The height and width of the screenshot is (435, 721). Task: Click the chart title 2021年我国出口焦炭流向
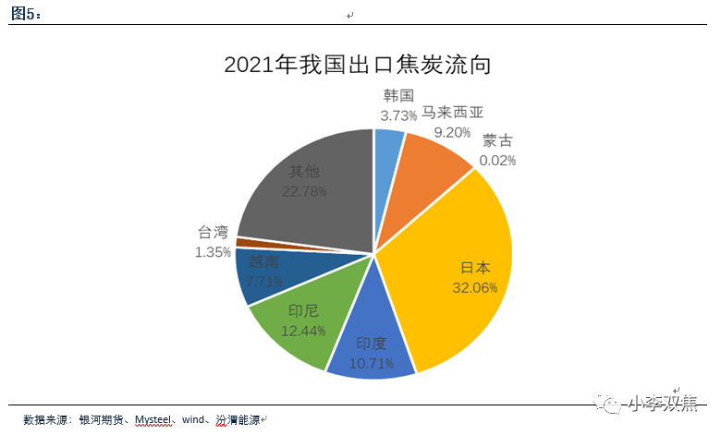coord(357,66)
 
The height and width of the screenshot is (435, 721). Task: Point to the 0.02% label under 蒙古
coord(497,161)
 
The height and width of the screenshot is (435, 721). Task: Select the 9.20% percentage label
coord(453,132)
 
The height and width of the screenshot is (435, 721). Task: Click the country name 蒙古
coord(497,141)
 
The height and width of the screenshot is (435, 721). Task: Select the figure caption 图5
coord(25,14)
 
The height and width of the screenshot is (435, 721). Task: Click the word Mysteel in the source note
coord(154,420)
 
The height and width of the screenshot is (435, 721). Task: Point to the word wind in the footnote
coord(193,420)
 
